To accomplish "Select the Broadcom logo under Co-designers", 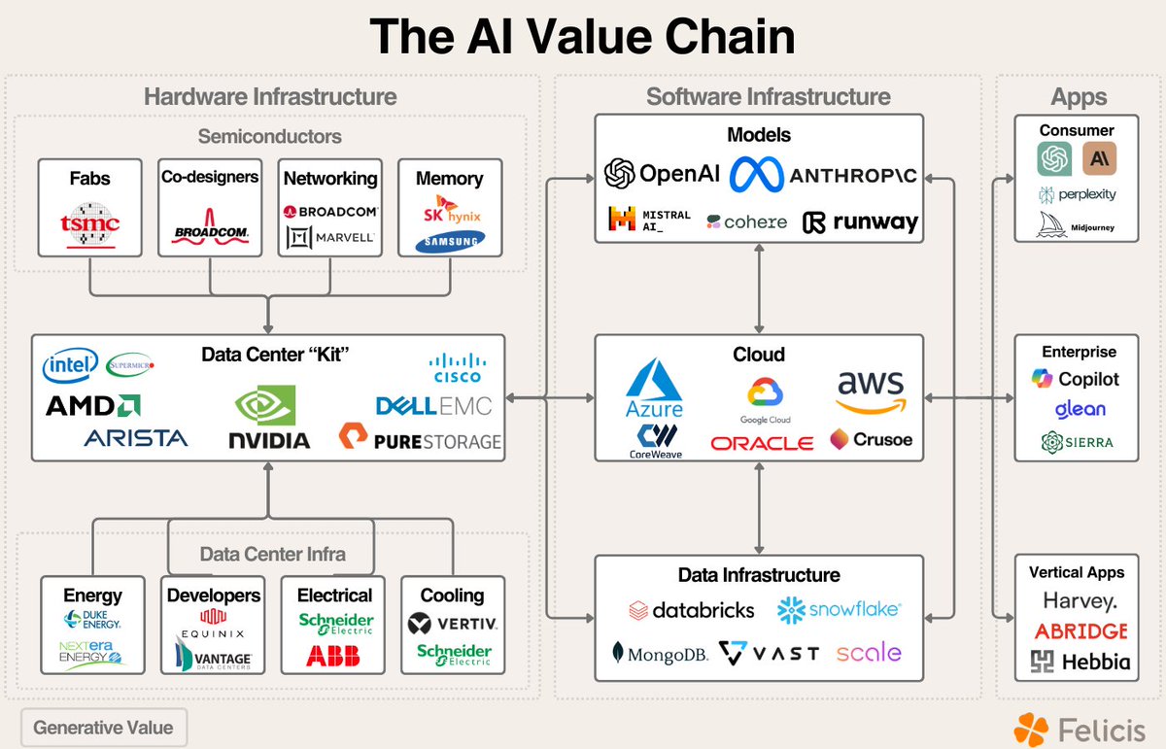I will click(211, 225).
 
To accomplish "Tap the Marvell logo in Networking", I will click(330, 237).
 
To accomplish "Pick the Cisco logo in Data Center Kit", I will click(456, 368).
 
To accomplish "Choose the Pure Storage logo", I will click(421, 440).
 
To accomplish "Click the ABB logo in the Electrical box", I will click(332, 656).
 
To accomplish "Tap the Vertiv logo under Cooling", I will click(452, 623).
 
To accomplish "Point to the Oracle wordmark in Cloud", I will click(762, 443).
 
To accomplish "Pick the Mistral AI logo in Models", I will click(649, 221).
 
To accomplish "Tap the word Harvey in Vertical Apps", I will click(1080, 601).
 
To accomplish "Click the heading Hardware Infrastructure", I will click(270, 97).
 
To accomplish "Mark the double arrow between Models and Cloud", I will click(758, 288).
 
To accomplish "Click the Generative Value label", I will click(103, 727).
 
